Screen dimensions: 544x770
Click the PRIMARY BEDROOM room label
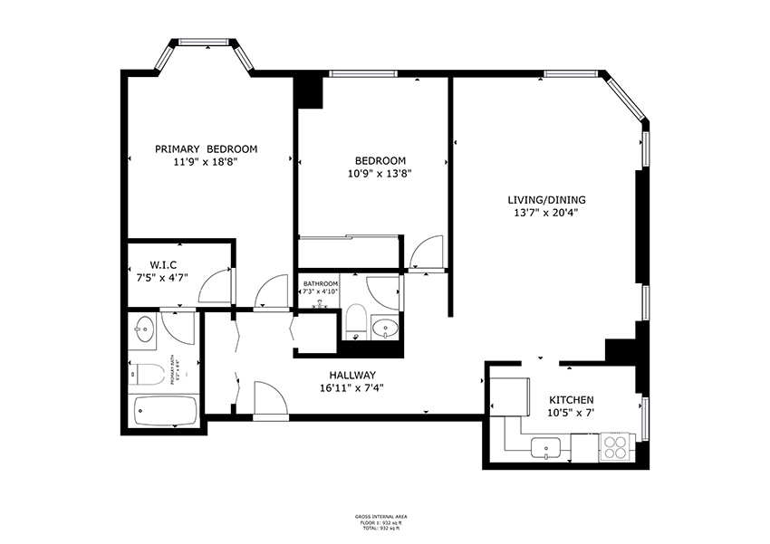(x=206, y=149)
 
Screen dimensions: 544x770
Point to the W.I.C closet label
(x=162, y=264)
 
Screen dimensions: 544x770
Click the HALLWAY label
(x=352, y=375)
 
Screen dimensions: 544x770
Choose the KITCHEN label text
(x=571, y=400)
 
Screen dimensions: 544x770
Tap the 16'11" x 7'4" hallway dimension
(x=352, y=388)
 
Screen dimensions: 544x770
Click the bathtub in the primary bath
(x=164, y=411)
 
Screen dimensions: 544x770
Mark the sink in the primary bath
(x=143, y=328)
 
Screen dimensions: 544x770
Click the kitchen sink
(x=547, y=446)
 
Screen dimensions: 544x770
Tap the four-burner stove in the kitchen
(x=617, y=446)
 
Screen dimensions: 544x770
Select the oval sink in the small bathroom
(x=386, y=328)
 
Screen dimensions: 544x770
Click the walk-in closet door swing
(x=216, y=286)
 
